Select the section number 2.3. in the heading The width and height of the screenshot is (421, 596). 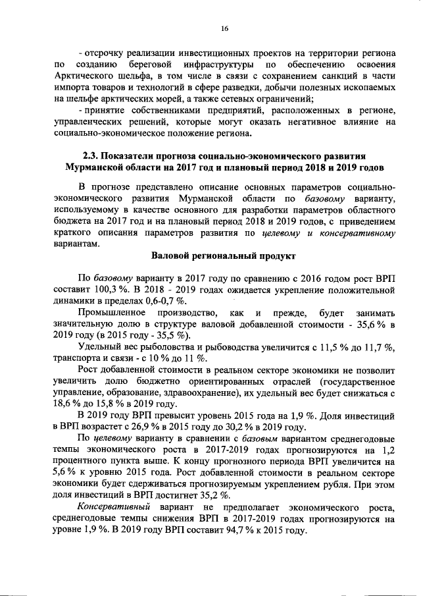click(x=91, y=156)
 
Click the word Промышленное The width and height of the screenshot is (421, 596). click(x=112, y=312)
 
